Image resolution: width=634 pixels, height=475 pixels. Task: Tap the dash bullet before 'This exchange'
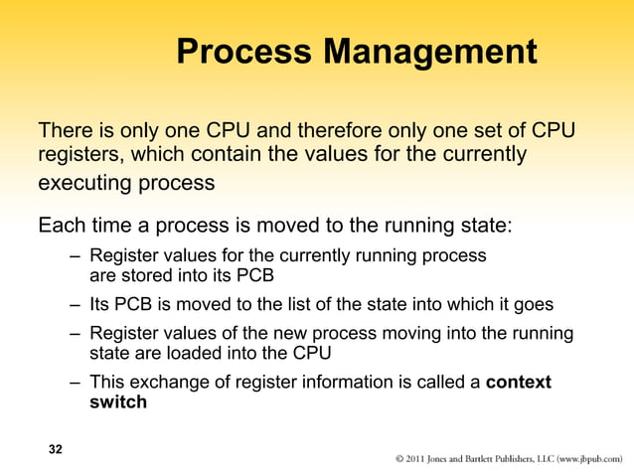point(76,383)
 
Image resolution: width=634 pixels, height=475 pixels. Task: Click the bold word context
point(519,383)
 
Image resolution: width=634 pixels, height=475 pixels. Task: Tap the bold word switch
point(118,402)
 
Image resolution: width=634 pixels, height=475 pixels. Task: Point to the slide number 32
point(56,450)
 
